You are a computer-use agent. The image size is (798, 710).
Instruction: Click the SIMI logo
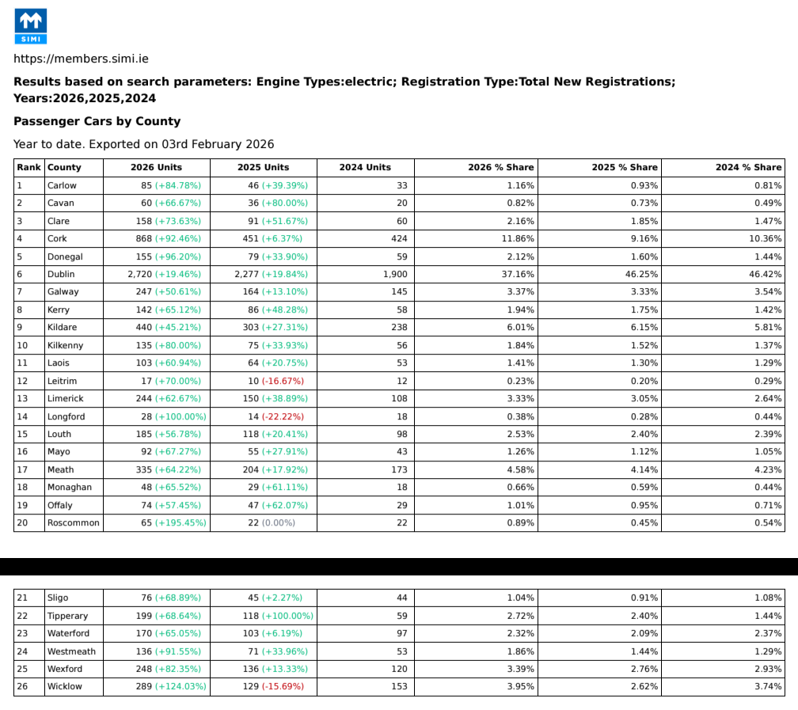(31, 26)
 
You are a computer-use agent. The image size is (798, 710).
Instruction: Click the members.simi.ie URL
(81, 59)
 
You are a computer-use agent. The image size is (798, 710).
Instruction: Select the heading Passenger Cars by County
(97, 121)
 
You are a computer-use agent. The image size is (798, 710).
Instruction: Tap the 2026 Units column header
(156, 167)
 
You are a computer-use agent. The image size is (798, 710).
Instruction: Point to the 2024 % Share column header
(748, 167)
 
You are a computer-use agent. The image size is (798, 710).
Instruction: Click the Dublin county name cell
(61, 274)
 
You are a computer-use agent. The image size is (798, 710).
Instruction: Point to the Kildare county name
(63, 327)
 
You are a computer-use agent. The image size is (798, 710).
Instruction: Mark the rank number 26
(22, 686)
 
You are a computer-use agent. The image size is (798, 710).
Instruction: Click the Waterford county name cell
(68, 633)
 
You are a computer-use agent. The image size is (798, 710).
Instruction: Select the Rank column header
(28, 167)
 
